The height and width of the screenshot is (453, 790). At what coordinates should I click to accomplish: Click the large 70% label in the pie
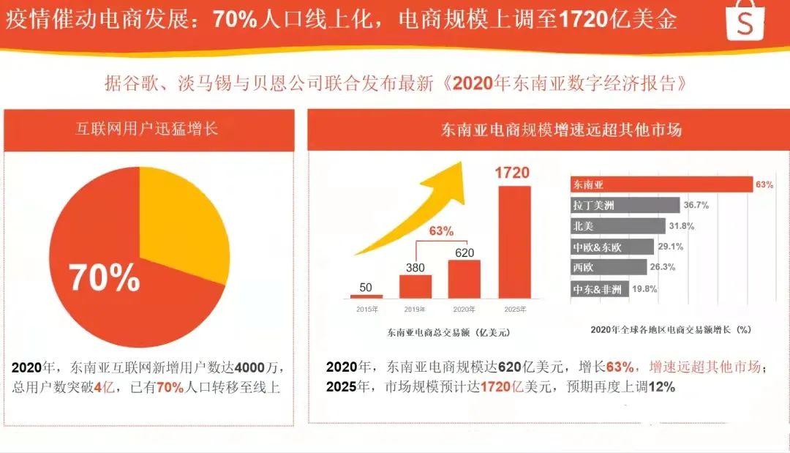coord(105,277)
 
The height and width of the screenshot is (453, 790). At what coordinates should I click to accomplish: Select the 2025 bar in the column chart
coord(513,242)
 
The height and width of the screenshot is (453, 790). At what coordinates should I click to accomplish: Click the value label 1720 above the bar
coord(512,173)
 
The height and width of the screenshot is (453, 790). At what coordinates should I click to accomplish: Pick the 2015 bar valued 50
coord(366,296)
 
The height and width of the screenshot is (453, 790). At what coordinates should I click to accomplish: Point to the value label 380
coord(415,267)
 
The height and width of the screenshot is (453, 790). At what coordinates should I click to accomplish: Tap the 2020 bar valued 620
coord(464,279)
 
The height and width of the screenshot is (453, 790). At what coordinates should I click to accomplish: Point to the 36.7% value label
coord(696,206)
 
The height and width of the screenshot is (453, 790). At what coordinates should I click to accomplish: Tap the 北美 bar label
coord(584,227)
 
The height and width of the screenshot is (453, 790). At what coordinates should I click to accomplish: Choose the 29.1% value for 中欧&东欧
coord(671,247)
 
